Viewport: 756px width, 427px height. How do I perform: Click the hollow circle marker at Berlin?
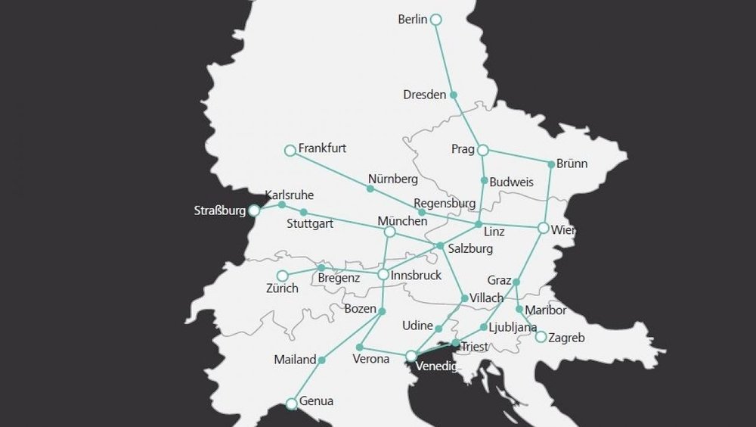[x=435, y=20]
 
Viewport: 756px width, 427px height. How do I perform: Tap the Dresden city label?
[x=424, y=95]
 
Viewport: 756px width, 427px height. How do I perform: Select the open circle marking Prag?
[x=483, y=150]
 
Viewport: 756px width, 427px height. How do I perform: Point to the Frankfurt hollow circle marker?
[x=290, y=151]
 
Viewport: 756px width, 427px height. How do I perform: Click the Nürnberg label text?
[x=392, y=179]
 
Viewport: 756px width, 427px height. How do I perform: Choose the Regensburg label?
[x=445, y=204]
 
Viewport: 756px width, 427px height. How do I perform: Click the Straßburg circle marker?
[x=255, y=210]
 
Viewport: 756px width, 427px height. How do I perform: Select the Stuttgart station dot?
[x=304, y=212]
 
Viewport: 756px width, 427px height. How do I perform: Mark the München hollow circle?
[x=390, y=232]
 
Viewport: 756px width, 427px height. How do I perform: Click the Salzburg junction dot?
[x=440, y=246]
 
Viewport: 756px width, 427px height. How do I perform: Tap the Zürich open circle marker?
[x=282, y=276]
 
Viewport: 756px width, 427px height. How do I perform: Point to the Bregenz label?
[x=338, y=279]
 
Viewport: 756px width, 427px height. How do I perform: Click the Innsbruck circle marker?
[x=383, y=274]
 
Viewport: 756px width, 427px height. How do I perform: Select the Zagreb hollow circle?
[x=541, y=337]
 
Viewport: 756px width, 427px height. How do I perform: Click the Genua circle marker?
[x=292, y=404]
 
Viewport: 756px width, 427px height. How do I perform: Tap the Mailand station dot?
[x=321, y=360]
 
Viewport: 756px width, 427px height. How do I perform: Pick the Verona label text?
[x=370, y=359]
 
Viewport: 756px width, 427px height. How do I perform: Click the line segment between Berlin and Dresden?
[x=445, y=58]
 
